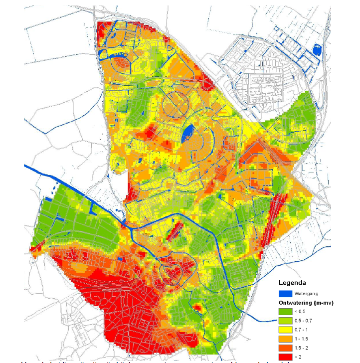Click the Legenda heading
[x=294, y=282]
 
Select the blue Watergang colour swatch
[x=285, y=294]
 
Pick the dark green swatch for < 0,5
[x=285, y=312]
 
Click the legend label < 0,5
[x=303, y=312]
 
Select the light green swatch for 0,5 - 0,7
[x=285, y=321]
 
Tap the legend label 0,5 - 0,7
[x=306, y=321]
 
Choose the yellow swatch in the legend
[x=285, y=330]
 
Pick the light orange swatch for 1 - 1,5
[x=285, y=339]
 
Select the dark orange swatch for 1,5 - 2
[x=285, y=348]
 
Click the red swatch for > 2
[x=285, y=357]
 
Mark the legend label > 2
[x=301, y=357]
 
